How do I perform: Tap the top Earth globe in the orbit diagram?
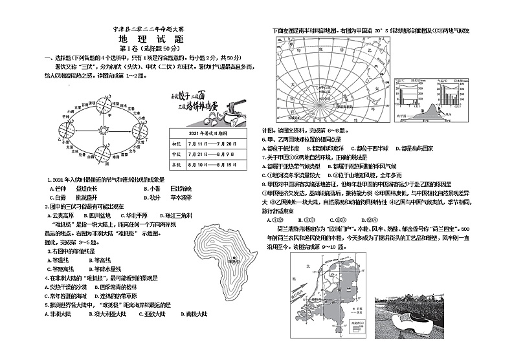pyautogui.click(x=102, y=103)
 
